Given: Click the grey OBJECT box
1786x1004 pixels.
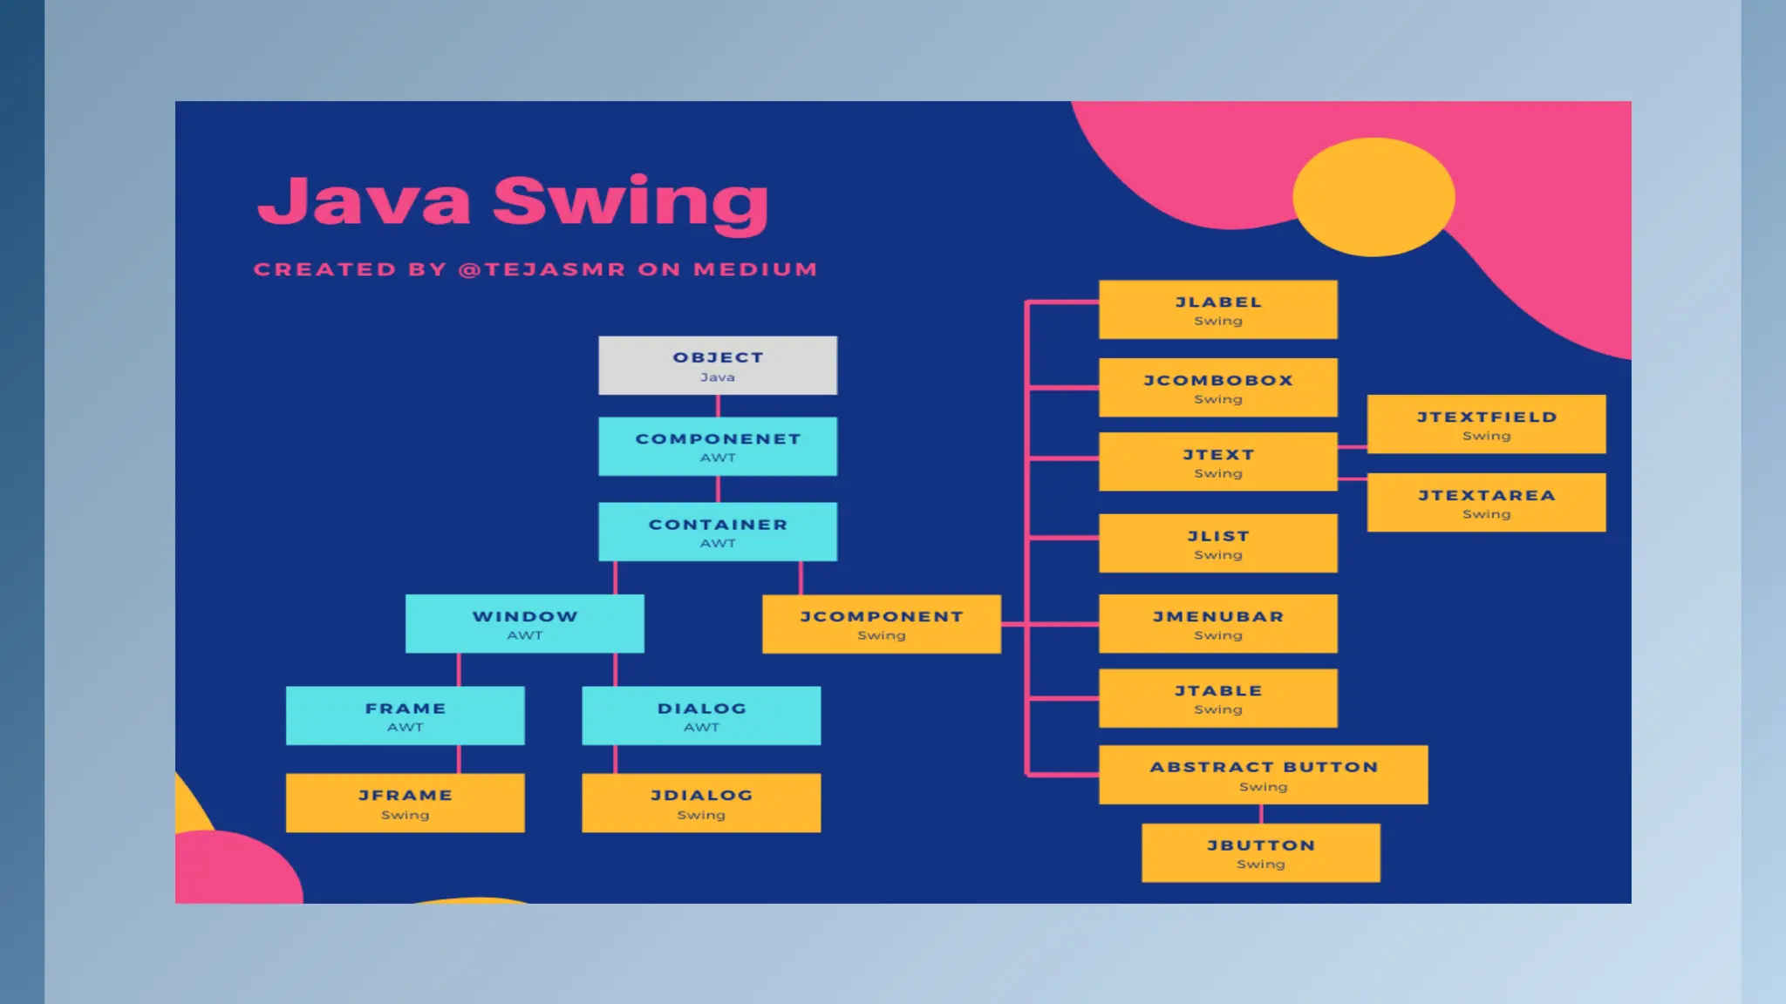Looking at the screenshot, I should point(717,365).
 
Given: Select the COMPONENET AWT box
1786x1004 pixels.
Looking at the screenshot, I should point(717,446).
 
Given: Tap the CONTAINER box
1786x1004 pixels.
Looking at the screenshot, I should point(717,532).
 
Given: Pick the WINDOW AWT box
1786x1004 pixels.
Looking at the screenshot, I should point(524,624).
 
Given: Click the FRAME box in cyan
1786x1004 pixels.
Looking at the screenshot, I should point(405,716).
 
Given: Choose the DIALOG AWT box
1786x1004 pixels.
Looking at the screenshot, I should point(701,716).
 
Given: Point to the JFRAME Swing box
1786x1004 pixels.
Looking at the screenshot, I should point(405,803).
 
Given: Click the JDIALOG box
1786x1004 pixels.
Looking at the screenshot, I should point(701,803).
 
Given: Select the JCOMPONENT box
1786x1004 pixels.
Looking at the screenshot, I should point(881,624).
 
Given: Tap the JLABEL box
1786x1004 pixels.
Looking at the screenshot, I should point(1217,309).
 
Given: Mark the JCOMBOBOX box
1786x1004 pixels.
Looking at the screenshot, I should point(1217,388).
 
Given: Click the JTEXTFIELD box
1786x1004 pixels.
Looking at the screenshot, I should point(1486,424).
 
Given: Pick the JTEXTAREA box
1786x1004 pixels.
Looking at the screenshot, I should point(1486,503).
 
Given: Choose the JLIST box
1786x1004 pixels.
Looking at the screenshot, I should point(1217,543).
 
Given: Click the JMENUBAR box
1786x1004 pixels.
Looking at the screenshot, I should point(1217,624).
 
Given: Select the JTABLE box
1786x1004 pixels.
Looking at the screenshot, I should point(1217,698).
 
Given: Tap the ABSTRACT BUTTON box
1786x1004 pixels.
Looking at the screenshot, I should point(1263,775).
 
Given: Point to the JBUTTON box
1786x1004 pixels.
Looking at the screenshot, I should point(1260,853).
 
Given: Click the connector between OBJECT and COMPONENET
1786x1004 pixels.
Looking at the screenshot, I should point(718,406).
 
